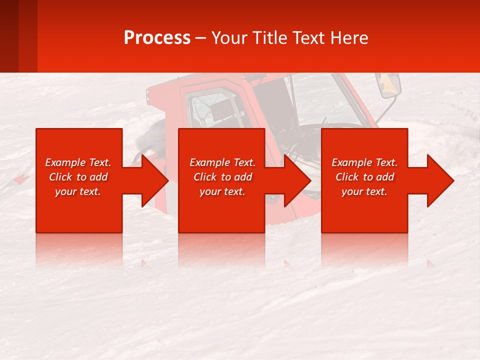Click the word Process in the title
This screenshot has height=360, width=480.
coord(157,38)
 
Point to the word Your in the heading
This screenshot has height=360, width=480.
coord(230,38)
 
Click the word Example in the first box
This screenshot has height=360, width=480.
coord(65,162)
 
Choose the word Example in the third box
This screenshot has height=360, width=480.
coord(351,162)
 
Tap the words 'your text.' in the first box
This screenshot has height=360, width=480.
coord(78,191)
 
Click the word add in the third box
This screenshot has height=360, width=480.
coord(385,177)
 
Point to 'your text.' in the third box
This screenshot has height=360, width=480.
coord(364,191)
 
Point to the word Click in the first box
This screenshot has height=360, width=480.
coord(62,177)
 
